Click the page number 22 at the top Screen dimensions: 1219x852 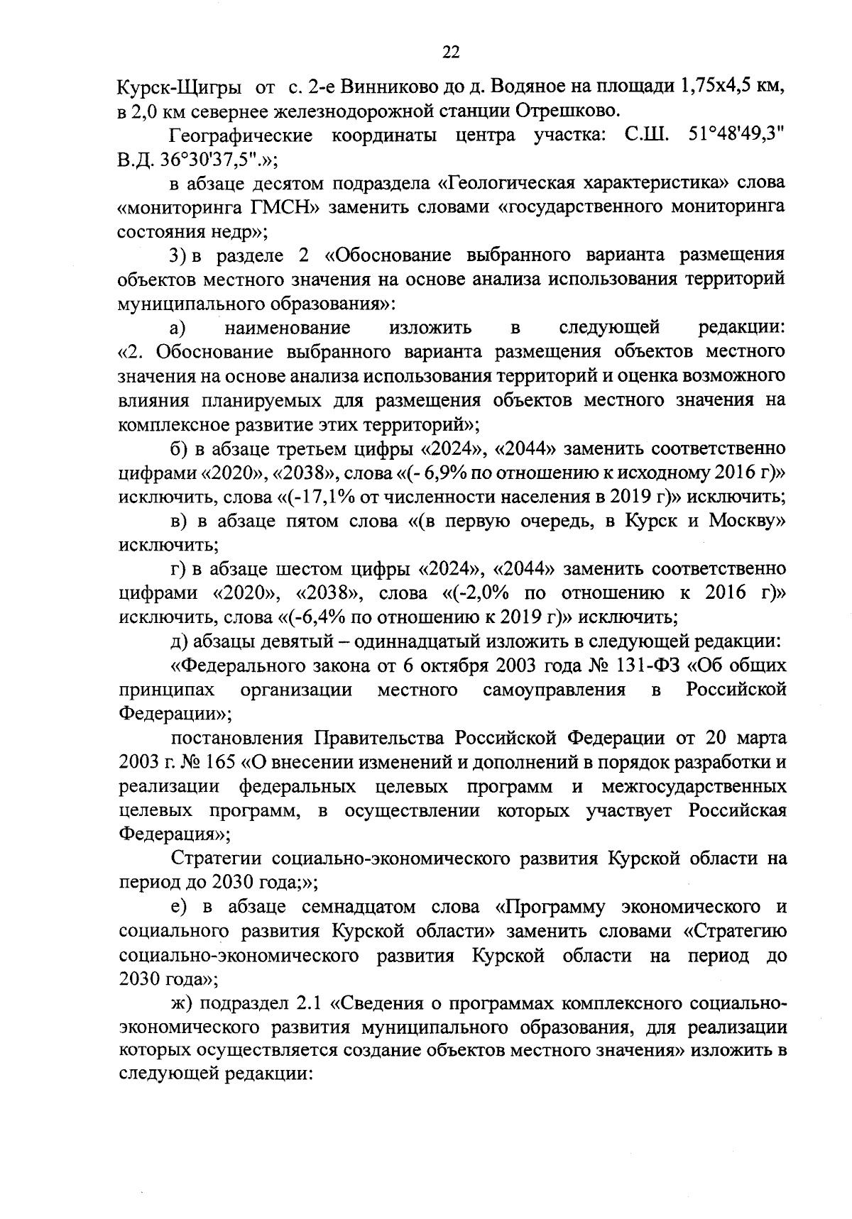[x=451, y=51]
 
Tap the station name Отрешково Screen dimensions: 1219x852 [x=565, y=111]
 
